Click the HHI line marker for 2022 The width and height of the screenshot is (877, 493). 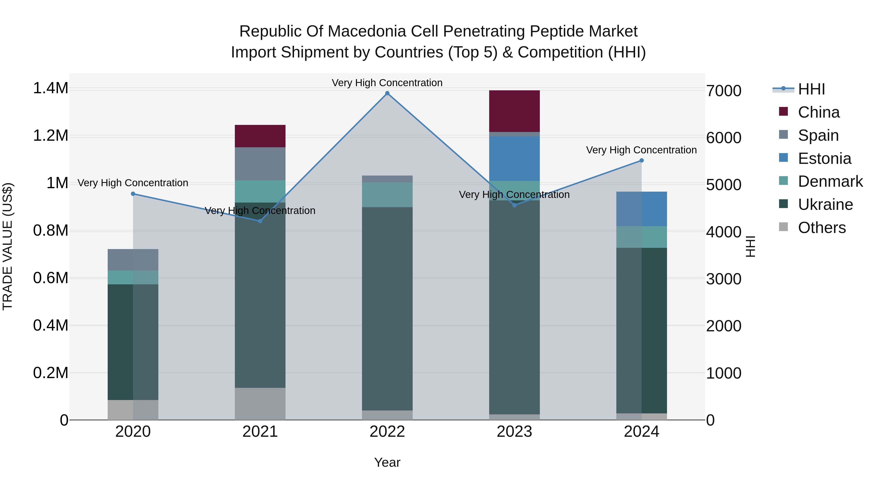(387, 93)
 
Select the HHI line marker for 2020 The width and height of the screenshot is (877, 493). (133, 194)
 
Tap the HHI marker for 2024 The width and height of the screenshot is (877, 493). (641, 161)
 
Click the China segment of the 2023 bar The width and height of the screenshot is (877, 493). (515, 111)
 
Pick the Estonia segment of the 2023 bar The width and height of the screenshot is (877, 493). (515, 158)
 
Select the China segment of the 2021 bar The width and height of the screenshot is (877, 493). (260, 136)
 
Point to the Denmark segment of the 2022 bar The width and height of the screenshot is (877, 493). (387, 195)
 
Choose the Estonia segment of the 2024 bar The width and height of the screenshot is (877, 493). (641, 209)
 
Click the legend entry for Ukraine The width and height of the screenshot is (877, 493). (825, 205)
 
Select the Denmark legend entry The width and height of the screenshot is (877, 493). (830, 182)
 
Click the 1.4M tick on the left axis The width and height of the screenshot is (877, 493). (50, 88)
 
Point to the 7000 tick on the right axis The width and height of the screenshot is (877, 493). (724, 91)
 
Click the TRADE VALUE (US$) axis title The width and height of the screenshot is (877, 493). (8, 246)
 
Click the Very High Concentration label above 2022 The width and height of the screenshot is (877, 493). (387, 83)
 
